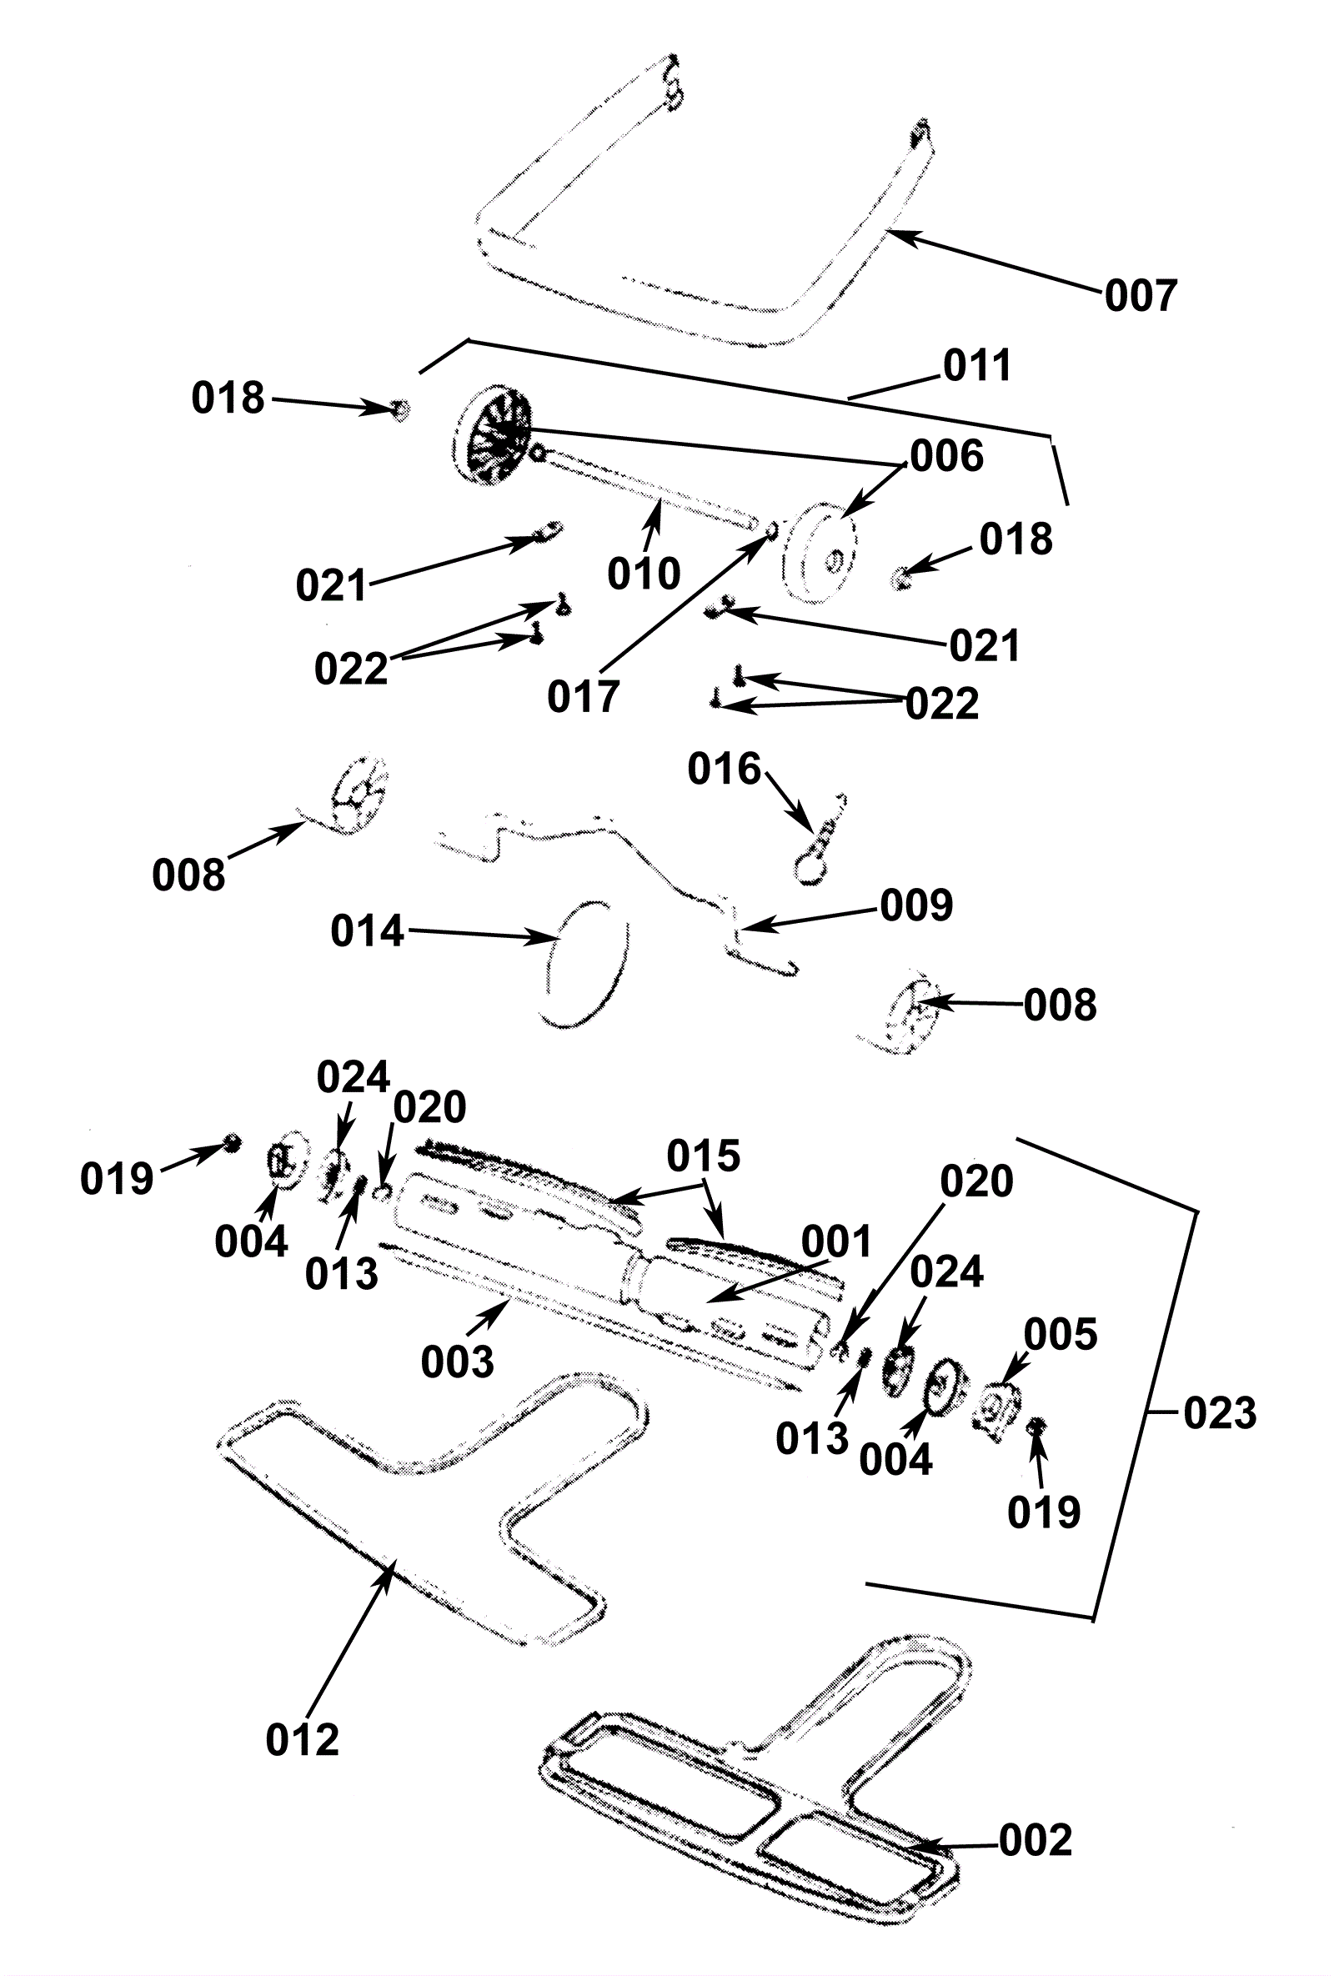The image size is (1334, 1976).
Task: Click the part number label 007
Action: pos(1140,296)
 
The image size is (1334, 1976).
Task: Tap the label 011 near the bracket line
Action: pos(977,366)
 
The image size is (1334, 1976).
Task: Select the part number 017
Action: pos(583,697)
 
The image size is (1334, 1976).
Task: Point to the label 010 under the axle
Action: pos(644,574)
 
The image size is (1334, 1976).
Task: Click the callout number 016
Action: pos(724,769)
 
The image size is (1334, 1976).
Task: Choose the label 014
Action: pos(367,931)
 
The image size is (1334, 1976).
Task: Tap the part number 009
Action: pos(915,905)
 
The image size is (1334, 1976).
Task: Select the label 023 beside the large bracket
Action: pos(1219,1413)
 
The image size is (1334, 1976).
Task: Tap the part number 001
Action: pos(836,1243)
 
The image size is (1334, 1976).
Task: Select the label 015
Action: pos(703,1156)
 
